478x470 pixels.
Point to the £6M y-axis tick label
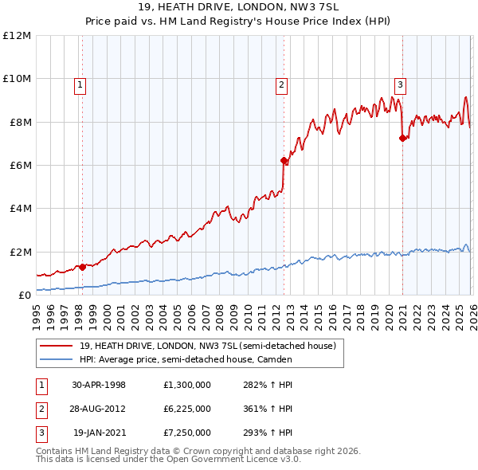pyautogui.click(x=18, y=166)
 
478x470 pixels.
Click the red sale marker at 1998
pyautogui.click(x=82, y=267)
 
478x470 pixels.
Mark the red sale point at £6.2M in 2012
pyautogui.click(x=284, y=160)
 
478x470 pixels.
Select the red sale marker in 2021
pyautogui.click(x=402, y=138)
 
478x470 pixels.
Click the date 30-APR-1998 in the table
pyautogui.click(x=99, y=384)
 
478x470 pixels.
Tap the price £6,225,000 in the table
pyautogui.click(x=186, y=409)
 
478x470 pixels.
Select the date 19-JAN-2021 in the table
pyautogui.click(x=100, y=433)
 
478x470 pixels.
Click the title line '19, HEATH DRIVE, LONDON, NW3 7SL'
pyautogui.click(x=238, y=7)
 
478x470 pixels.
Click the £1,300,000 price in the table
pyautogui.click(x=186, y=384)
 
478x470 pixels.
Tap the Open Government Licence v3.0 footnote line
pyautogui.click(x=168, y=459)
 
